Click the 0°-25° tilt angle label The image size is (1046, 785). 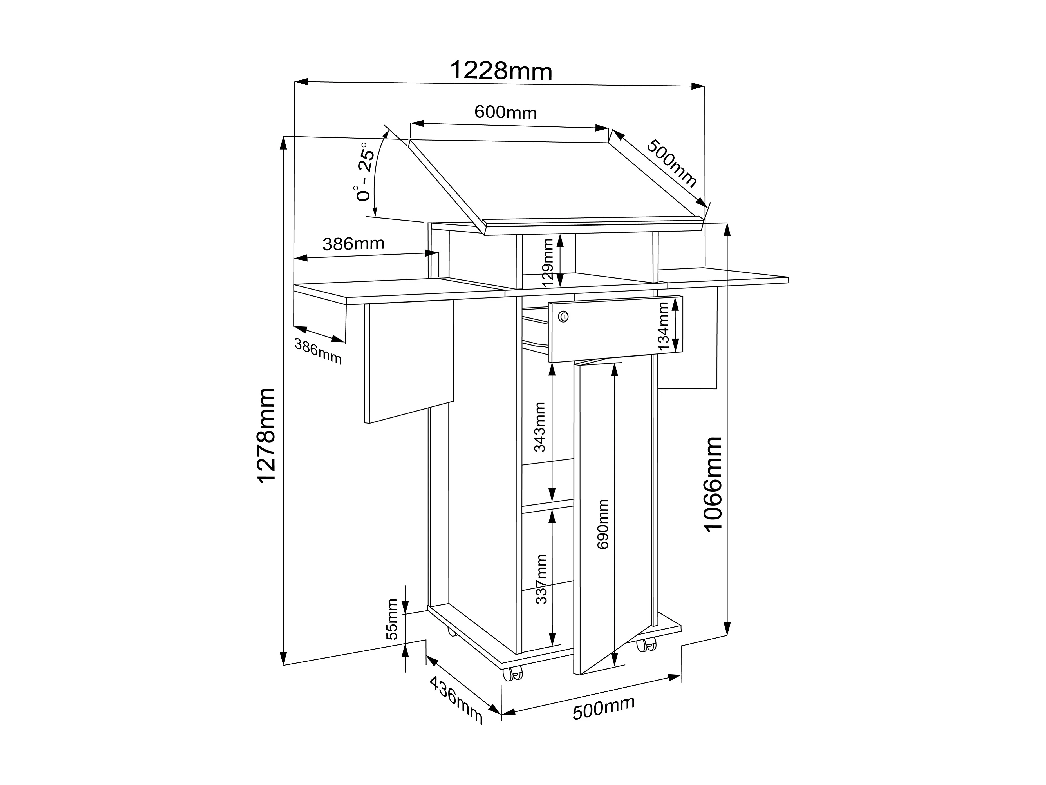[365, 171]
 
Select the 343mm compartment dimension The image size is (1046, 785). [539, 427]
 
